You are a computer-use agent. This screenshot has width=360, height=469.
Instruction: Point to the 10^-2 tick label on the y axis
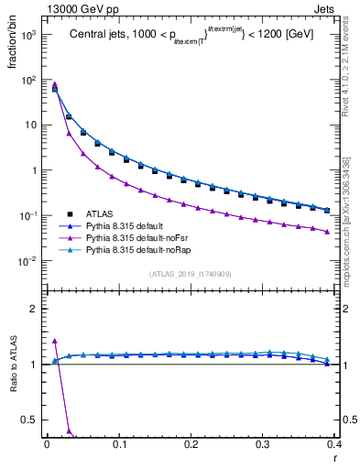click(x=28, y=261)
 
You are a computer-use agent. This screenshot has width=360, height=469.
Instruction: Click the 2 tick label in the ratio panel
click(x=35, y=309)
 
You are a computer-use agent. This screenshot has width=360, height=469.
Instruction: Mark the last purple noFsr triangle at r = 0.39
click(x=326, y=232)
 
